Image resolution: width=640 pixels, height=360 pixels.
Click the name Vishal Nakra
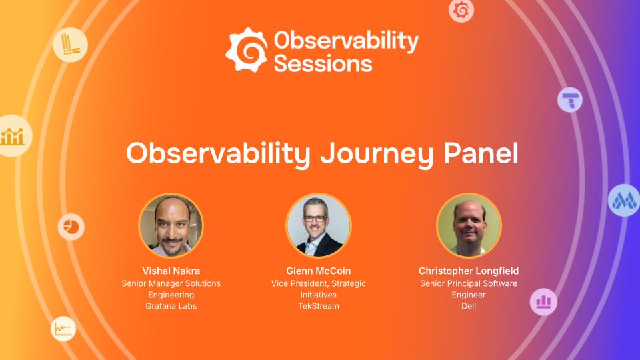coord(171,271)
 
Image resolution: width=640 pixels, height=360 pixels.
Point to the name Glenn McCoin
coord(318,271)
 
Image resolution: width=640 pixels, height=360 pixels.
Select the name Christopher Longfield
coord(469,271)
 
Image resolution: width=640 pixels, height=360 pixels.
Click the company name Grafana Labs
coord(171,306)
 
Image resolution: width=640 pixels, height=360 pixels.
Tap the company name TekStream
coord(318,306)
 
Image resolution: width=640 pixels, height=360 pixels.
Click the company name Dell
coord(469,306)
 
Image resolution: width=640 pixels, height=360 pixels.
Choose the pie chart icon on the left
coord(70,227)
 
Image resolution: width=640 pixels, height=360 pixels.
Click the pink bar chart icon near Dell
coord(543,301)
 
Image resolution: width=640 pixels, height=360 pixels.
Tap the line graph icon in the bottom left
coord(63,329)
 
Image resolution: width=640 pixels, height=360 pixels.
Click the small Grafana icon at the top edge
coord(461,9)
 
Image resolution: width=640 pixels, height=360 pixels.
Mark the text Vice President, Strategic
coord(318,283)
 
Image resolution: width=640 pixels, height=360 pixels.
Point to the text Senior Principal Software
coord(469,283)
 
